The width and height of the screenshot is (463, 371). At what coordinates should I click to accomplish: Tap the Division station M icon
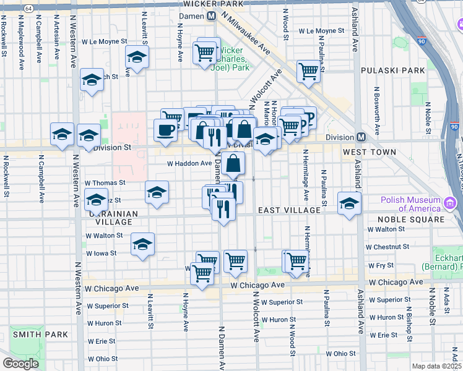click(x=361, y=137)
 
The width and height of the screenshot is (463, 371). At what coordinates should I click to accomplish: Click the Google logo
click(x=20, y=364)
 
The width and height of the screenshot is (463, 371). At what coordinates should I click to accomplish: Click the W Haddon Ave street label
click(x=189, y=163)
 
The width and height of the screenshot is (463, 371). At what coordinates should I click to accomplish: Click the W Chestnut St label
click(x=387, y=247)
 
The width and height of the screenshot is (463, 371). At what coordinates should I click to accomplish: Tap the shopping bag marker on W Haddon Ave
click(x=234, y=164)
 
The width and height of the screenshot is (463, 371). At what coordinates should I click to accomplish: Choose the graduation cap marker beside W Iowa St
click(x=143, y=245)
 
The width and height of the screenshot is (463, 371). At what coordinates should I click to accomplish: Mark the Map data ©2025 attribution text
click(x=436, y=366)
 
